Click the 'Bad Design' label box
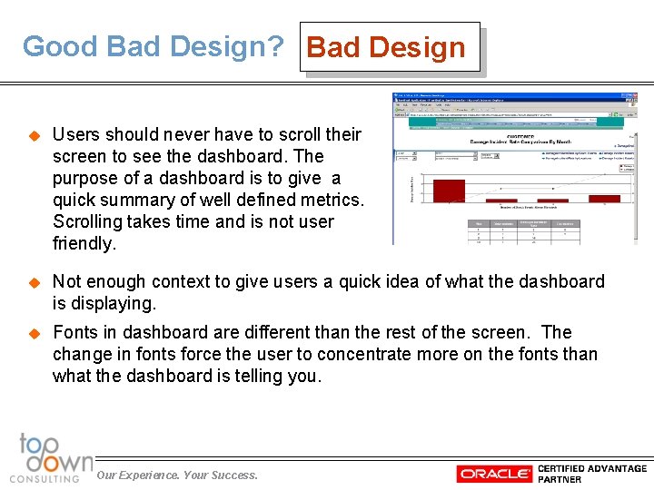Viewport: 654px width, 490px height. [x=388, y=47]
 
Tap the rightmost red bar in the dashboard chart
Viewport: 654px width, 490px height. [x=604, y=198]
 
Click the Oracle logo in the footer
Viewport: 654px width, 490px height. [x=494, y=474]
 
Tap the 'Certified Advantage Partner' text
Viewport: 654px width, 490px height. [x=591, y=474]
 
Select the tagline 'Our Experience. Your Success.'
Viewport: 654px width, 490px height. [x=177, y=475]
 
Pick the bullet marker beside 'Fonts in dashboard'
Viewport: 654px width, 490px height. [x=35, y=333]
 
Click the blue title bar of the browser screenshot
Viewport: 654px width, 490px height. [x=513, y=96]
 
